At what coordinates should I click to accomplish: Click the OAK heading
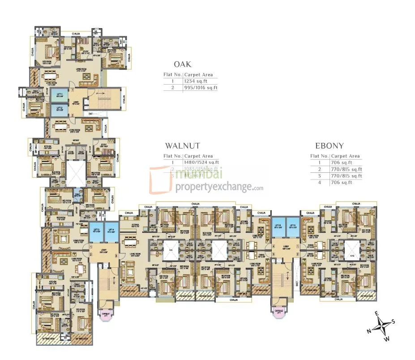tap(182, 64)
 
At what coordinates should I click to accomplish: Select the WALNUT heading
tap(182, 146)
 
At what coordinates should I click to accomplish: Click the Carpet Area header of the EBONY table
tap(345, 156)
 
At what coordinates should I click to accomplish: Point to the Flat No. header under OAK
tap(172, 75)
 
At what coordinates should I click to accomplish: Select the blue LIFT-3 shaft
tap(96, 231)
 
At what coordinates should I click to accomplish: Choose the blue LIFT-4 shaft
tap(111, 231)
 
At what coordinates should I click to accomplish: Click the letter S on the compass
tap(393, 321)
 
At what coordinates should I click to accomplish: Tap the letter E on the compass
tap(377, 313)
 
